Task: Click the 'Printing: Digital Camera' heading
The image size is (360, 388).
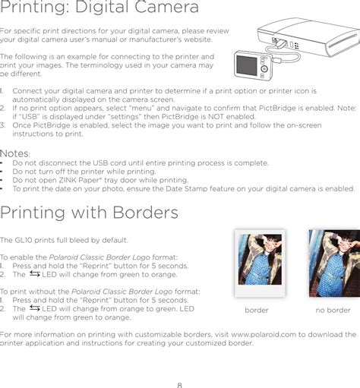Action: (99, 7)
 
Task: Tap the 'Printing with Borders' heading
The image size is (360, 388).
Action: (89, 213)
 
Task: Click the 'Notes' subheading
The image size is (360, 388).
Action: (14, 153)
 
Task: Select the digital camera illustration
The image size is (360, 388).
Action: (253, 65)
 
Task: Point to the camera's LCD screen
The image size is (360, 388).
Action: (247, 65)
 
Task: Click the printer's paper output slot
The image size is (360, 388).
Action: (344, 43)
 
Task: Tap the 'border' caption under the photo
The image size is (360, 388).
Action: (257, 310)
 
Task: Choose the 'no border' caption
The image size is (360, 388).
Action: (333, 310)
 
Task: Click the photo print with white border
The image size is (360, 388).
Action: (260, 263)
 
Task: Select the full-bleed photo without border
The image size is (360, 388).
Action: (334, 263)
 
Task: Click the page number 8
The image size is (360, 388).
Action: (180, 385)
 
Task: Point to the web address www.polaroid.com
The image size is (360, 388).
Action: (264, 335)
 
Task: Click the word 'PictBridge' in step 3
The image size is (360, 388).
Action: (52, 125)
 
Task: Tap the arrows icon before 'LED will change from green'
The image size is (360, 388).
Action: (35, 274)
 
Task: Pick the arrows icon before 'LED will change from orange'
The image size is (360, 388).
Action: (35, 308)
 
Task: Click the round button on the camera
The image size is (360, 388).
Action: (264, 68)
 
